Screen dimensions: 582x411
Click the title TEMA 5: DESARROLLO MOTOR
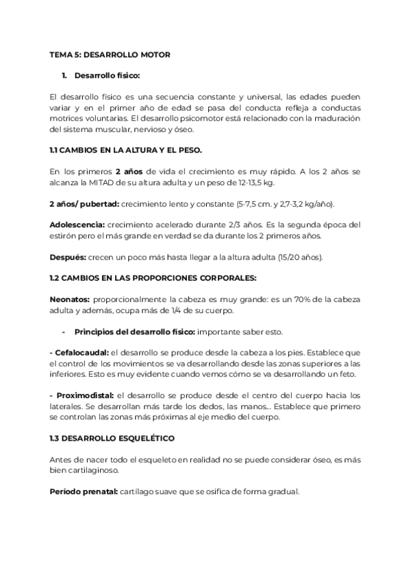point(110,54)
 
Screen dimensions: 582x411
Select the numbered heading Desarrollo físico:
point(108,75)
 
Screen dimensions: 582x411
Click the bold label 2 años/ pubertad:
point(84,204)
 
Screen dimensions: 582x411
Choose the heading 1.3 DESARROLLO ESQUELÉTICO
point(111,437)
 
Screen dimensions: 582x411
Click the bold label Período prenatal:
point(84,491)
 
